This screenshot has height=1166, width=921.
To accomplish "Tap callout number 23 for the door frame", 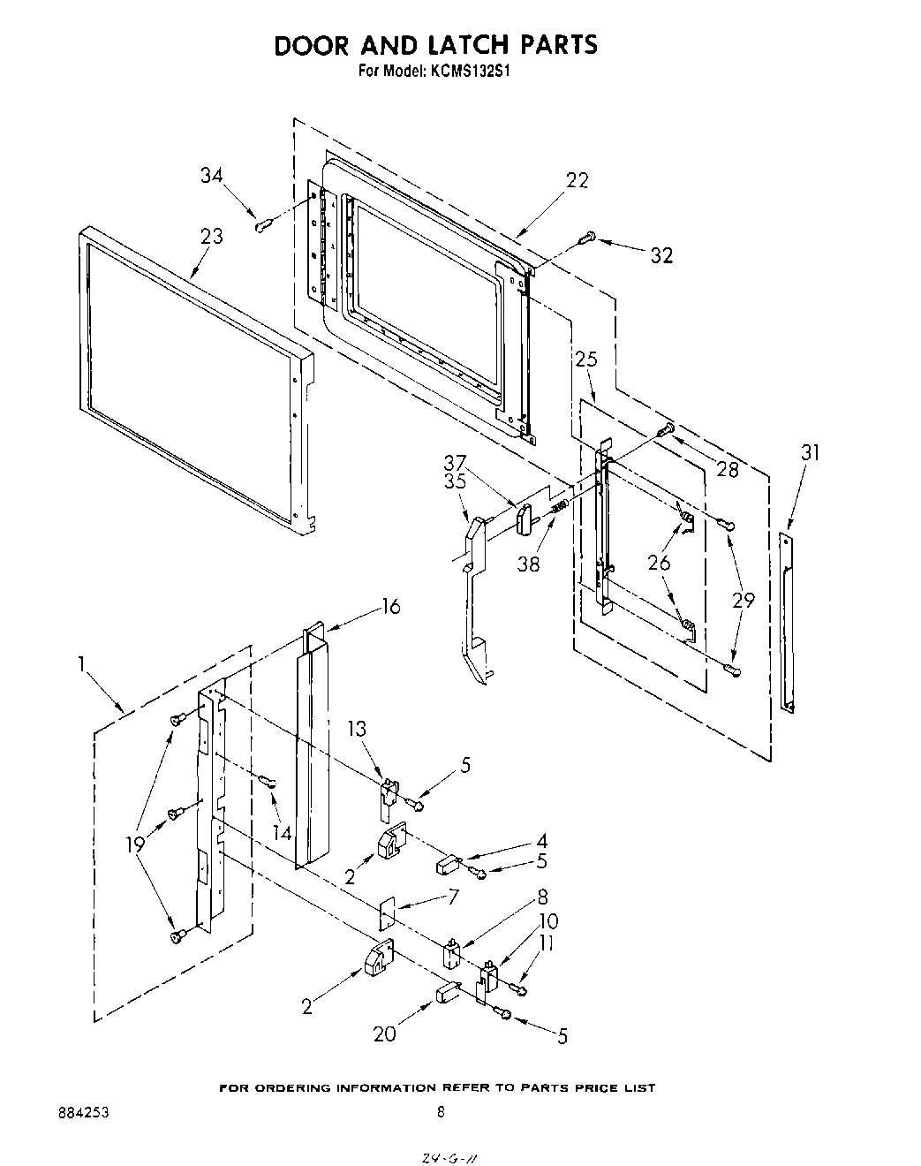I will (211, 236).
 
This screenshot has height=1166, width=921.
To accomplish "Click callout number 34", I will (211, 175).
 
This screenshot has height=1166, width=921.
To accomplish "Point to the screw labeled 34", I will (261, 225).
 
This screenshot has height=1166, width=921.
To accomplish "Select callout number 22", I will (577, 179).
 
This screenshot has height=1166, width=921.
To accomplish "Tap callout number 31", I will (810, 452).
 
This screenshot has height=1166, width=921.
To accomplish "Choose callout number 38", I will (528, 564).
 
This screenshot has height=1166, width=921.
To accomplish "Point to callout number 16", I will (389, 606).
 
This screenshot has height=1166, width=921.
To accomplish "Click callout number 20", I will (384, 1033).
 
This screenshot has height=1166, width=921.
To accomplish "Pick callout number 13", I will (357, 729).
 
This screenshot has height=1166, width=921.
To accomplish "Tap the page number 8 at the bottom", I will (441, 1114).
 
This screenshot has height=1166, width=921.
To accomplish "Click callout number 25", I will (586, 359).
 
